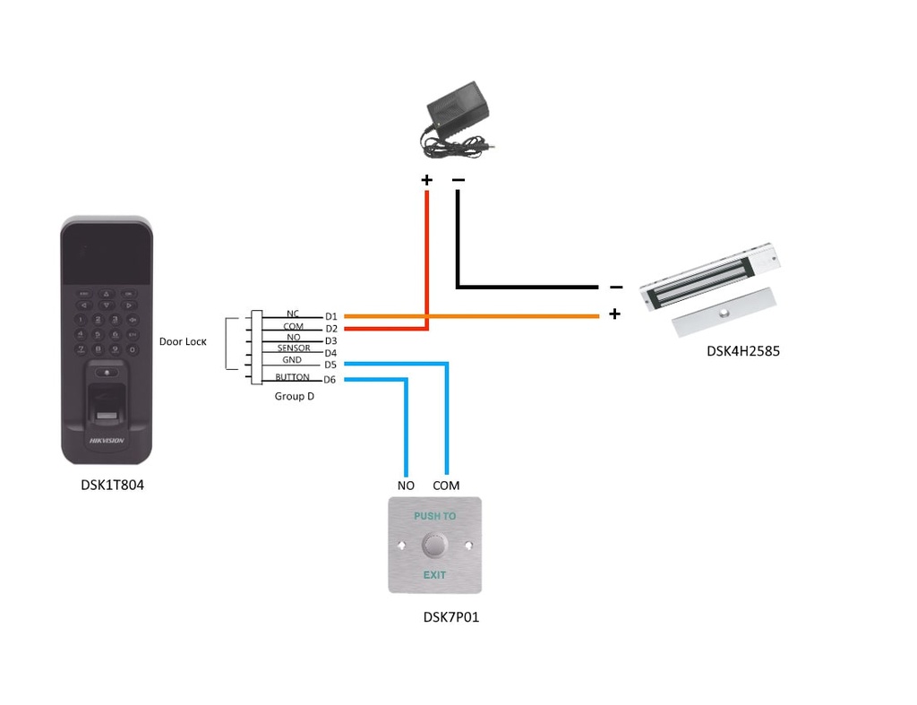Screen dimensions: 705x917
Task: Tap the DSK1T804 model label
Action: point(112,486)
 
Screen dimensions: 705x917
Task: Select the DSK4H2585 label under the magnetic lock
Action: point(742,351)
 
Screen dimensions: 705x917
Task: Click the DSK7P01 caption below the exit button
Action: point(450,617)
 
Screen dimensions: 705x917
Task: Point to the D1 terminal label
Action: point(331,316)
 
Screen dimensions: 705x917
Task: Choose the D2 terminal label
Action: point(331,329)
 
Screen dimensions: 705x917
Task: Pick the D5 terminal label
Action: point(330,365)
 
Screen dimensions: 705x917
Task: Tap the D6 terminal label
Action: point(330,380)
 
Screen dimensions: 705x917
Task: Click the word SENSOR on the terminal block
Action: point(294,348)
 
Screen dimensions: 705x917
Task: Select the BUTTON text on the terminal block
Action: point(292,377)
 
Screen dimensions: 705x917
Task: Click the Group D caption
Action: point(294,395)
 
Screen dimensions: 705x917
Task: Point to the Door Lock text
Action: point(183,341)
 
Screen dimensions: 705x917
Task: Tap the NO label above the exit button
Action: point(406,486)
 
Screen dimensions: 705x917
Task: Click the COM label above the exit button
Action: point(446,486)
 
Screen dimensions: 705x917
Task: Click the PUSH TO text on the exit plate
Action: point(434,516)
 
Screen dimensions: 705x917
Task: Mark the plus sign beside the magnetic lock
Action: point(614,314)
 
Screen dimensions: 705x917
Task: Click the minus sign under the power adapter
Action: point(458,180)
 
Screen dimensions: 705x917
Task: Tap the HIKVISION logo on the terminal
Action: point(106,441)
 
